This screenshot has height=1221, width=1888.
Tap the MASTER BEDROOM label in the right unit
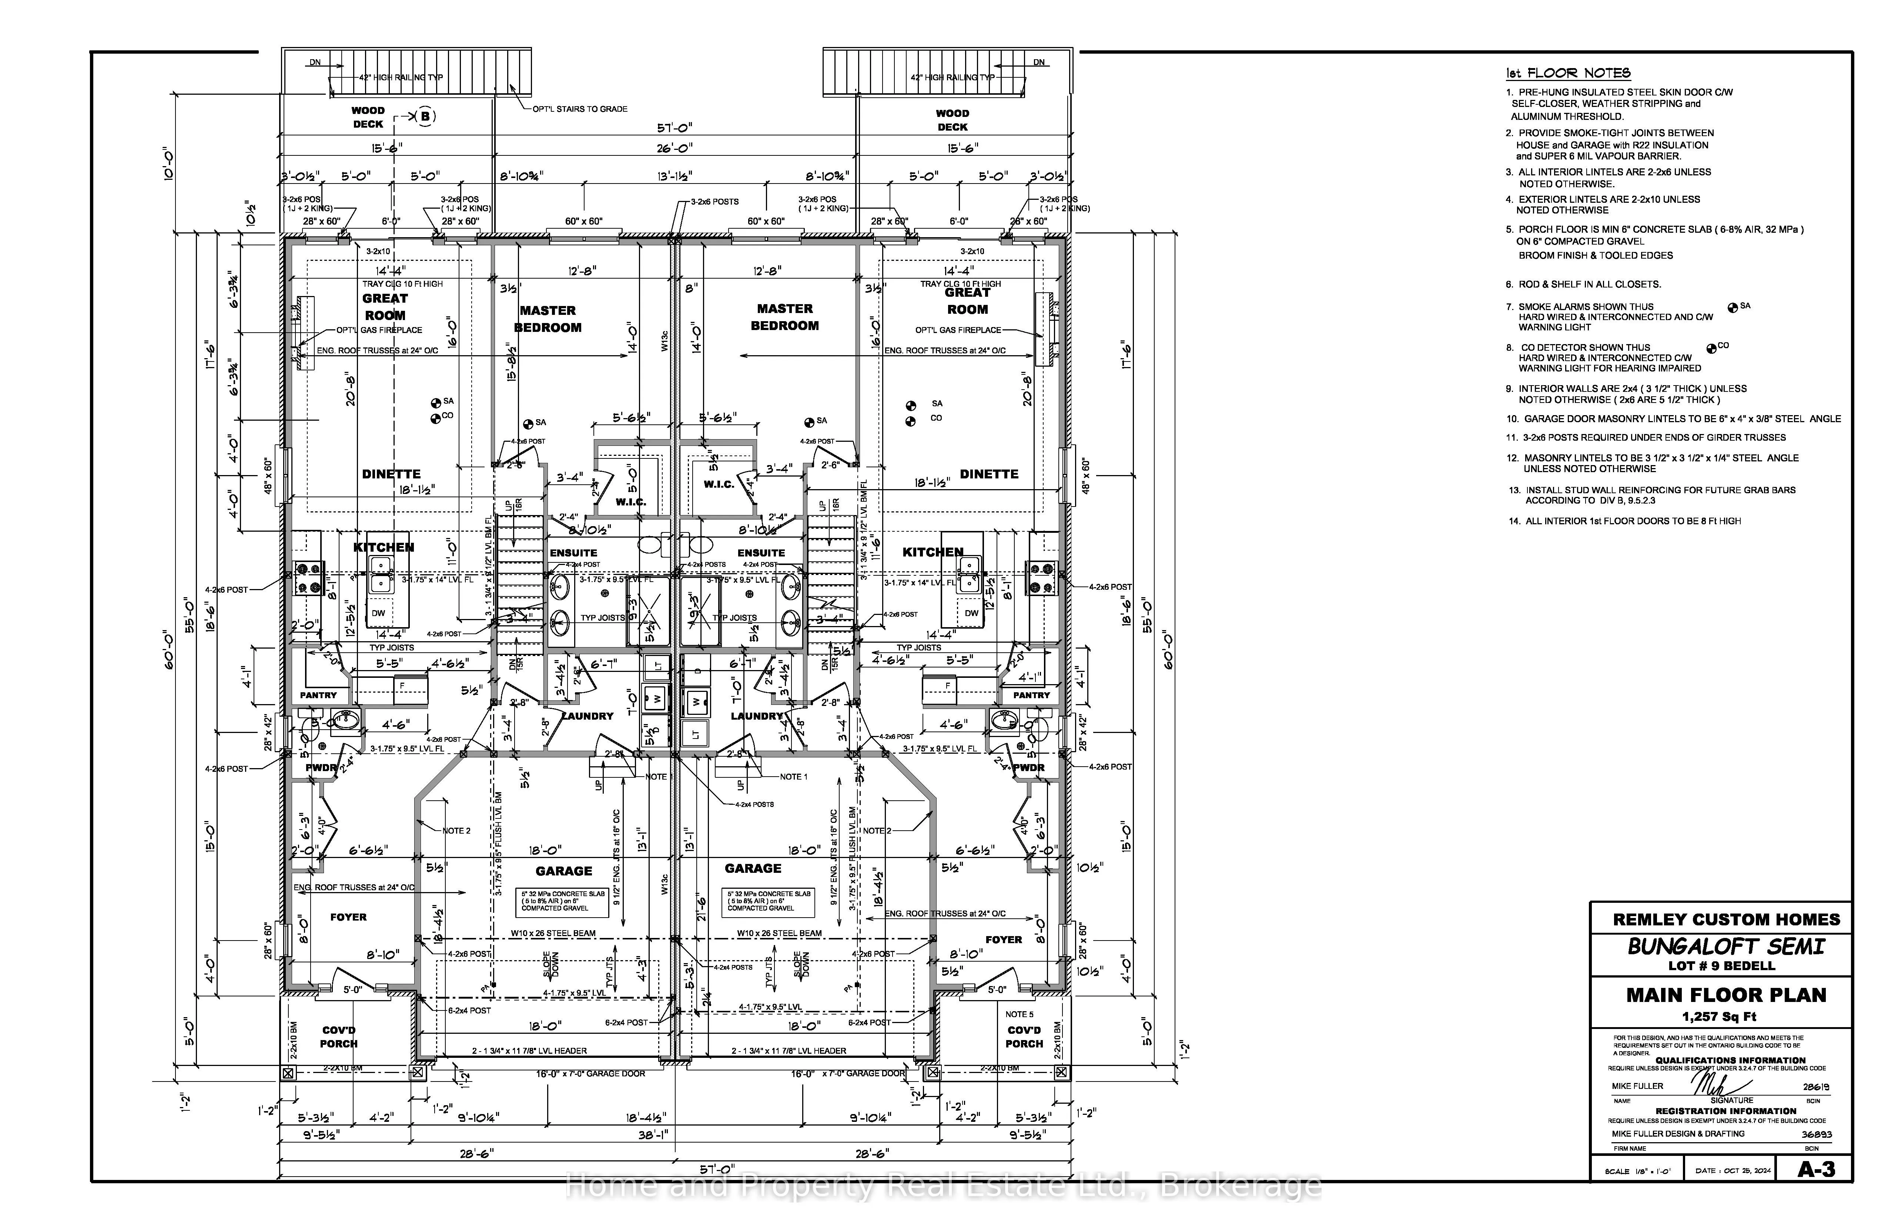784,317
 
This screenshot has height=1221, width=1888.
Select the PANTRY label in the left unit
318,695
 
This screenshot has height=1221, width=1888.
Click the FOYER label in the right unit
1004,939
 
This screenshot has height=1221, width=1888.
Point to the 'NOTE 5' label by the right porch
1020,1014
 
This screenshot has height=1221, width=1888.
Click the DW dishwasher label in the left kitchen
378,613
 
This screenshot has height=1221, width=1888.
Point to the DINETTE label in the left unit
391,474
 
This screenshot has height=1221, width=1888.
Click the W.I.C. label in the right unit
719,484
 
